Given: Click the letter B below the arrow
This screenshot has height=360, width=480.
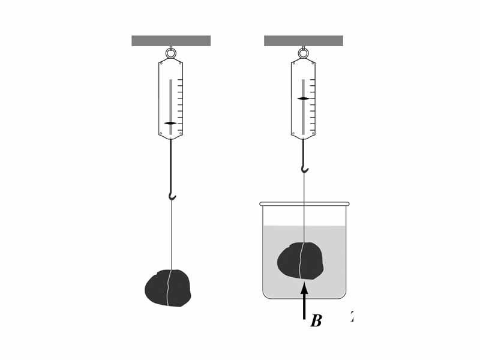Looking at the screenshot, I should click(316, 322).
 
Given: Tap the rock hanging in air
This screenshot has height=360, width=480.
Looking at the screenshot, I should click(167, 289).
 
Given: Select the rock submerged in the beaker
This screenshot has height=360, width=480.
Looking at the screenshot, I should click(300, 261).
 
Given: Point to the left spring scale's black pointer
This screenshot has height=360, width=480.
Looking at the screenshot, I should click(170, 123).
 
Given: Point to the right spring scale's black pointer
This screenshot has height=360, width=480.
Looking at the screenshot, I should click(303, 98).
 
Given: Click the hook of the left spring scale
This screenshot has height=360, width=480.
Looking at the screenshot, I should click(172, 196).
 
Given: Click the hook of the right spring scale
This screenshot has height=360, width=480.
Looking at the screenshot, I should click(305, 169).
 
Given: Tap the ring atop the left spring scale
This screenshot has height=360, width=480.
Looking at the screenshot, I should click(171, 53).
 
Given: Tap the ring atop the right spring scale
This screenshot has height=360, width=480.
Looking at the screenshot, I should click(304, 53).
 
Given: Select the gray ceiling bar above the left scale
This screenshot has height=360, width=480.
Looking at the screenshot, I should click(171, 41).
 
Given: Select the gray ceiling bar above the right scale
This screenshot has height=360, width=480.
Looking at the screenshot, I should click(304, 41).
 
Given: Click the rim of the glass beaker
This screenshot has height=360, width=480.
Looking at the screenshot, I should click(304, 204).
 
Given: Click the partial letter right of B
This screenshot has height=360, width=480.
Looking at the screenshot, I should click(352, 317).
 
